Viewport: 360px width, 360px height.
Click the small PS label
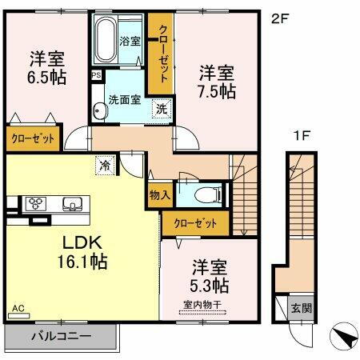coord(96,76)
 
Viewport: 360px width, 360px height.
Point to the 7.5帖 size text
coord(218,91)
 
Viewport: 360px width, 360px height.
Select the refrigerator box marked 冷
coord(105,166)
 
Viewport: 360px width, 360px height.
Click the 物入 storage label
coord(158,194)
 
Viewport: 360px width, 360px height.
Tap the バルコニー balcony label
coord(61,337)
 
